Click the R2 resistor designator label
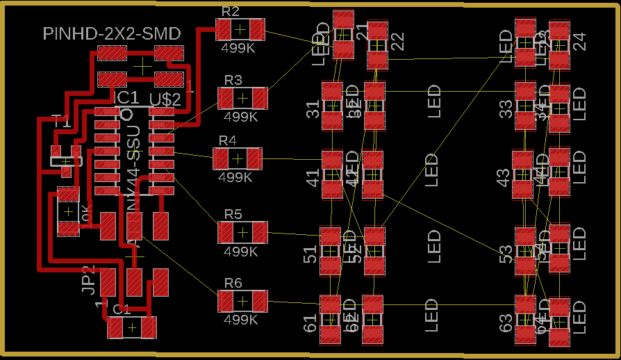pyautogui.click(x=231, y=11)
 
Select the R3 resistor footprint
pyautogui.click(x=242, y=98)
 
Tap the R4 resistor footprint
pyautogui.click(x=238, y=158)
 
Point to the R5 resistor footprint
pyautogui.click(x=242, y=232)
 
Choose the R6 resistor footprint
pyautogui.click(x=242, y=301)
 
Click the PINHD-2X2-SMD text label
pyautogui.click(x=112, y=33)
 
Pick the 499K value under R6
pyautogui.click(x=241, y=320)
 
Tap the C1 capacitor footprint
pyautogui.click(x=132, y=327)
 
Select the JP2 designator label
pyautogui.click(x=88, y=279)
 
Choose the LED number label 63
pyautogui.click(x=506, y=322)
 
